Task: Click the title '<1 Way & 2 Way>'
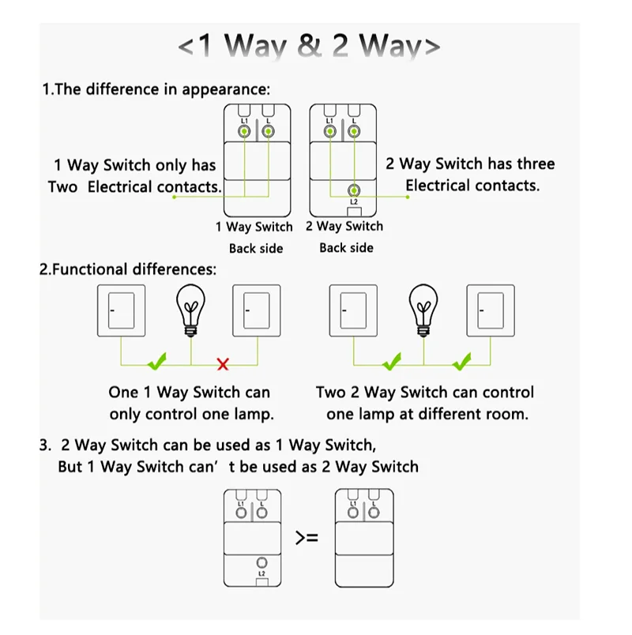click(309, 47)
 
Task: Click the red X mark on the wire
click(223, 364)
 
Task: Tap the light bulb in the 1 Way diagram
click(190, 307)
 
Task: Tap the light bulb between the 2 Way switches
click(424, 307)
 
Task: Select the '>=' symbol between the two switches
click(307, 538)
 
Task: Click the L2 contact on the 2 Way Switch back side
click(353, 190)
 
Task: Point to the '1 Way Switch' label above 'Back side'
click(254, 227)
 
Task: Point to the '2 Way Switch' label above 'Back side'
click(344, 226)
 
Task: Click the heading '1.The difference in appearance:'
click(156, 88)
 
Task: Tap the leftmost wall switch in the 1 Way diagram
click(121, 310)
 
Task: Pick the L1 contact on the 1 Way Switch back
click(245, 130)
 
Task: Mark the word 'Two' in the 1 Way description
click(62, 187)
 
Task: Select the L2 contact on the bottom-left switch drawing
click(261, 563)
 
